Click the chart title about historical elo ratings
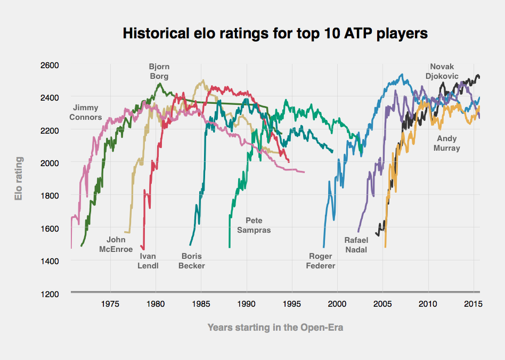coord(275,34)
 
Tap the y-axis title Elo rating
coord(19,178)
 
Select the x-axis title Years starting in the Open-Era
coord(275,328)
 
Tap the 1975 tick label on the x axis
coord(110,304)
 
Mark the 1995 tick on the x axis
coord(291,304)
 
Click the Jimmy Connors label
coord(85,112)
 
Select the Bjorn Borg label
coord(159,71)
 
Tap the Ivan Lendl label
coord(148,261)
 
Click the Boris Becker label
coord(191,261)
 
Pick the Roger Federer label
coord(321,261)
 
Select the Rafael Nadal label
coord(356,245)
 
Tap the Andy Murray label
coord(446,143)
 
